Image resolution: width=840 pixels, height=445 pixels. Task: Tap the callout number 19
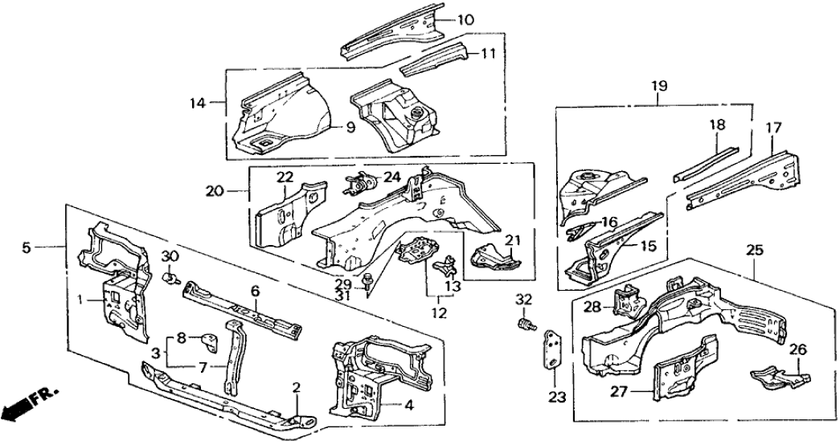(658, 84)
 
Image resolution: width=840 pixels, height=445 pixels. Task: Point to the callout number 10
(467, 19)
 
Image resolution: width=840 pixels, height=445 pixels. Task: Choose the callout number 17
(773, 126)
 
